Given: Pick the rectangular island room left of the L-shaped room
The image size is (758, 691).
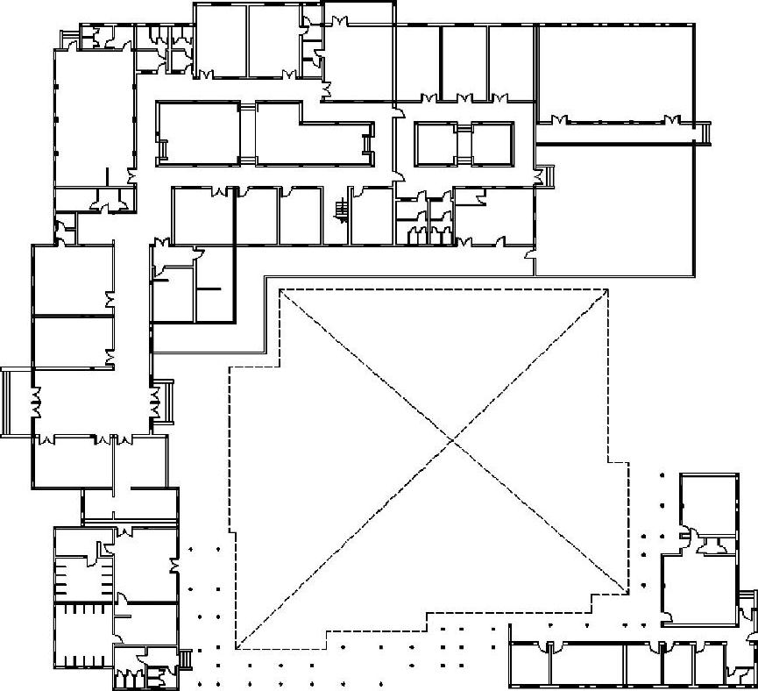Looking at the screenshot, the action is (x=198, y=132).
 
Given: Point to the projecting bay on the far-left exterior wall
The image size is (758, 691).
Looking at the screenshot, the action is (x=17, y=401).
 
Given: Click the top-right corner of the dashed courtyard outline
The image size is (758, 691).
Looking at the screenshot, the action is (x=608, y=289).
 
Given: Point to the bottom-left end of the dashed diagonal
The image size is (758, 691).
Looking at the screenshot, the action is (x=236, y=648).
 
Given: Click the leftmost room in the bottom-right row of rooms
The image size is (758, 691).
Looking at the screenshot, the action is (x=529, y=663).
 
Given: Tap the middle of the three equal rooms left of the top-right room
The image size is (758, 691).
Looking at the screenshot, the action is (x=464, y=61).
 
